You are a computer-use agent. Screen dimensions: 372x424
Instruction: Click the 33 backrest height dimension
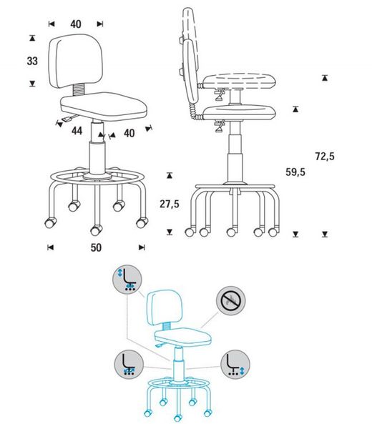coord(32,61)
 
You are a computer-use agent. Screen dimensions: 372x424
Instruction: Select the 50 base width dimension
coord(96,247)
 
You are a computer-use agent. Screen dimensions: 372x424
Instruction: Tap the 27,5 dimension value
coord(170,204)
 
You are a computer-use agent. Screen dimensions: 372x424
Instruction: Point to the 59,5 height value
coord(295,172)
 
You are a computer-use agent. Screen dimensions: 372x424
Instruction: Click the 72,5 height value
coord(325,157)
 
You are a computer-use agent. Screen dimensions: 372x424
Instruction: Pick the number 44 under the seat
coord(77,131)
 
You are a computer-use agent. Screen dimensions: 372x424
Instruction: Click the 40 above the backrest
coord(76,24)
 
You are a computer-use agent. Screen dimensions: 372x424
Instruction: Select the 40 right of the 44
coord(129,133)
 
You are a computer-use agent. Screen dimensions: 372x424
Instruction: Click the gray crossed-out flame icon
coord(231,301)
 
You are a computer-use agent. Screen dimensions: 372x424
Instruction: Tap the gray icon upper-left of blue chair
coord(127,279)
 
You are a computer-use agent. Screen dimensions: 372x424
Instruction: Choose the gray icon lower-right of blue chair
coord(235,364)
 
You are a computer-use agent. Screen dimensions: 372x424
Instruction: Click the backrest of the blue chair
coord(165,307)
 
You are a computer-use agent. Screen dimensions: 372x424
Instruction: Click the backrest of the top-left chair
coord(76,61)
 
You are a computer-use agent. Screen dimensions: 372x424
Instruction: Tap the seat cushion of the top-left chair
coord(104,107)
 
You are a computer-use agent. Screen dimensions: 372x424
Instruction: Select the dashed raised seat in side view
coord(239,81)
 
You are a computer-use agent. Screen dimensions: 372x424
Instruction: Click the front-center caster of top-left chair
coord(96,230)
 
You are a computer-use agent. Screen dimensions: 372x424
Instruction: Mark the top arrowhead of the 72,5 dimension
coord(325,78)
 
